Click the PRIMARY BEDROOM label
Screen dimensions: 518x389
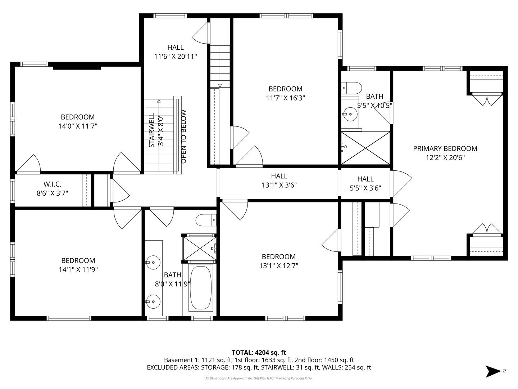[445, 148]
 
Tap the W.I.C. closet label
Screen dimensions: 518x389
[52, 184]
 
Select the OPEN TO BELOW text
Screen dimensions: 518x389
[183, 137]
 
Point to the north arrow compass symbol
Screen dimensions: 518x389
[492, 371]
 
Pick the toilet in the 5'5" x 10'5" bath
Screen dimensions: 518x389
[351, 88]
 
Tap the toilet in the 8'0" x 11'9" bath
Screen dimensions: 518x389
[206, 220]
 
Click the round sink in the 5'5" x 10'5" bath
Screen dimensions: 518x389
[350, 114]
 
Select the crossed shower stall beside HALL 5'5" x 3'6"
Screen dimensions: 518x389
[365, 148]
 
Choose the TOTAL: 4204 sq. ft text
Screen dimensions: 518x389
[259, 353]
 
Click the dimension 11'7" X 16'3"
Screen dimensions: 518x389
[286, 98]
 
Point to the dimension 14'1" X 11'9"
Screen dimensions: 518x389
[78, 269]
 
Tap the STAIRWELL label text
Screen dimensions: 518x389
[152, 130]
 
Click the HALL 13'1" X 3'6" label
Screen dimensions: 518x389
[279, 180]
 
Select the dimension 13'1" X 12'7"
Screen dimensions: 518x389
[279, 266]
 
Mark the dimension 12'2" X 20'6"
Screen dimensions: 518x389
[445, 157]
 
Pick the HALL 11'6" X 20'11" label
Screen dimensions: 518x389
[175, 52]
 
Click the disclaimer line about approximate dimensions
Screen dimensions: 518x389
[259, 378]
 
